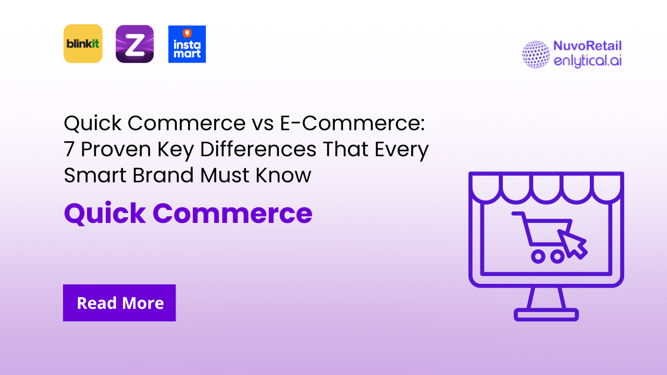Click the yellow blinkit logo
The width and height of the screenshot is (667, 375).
[x=83, y=44]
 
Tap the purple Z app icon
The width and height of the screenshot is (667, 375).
[x=134, y=44]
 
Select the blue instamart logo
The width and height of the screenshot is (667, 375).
[x=187, y=44]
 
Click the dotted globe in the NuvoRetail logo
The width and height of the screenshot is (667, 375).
[x=536, y=55]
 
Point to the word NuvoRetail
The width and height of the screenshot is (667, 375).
[x=587, y=46]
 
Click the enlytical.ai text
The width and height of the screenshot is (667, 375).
[x=587, y=60]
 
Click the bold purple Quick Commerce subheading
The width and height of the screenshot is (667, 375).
[x=188, y=213]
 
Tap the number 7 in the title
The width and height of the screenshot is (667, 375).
[x=69, y=149]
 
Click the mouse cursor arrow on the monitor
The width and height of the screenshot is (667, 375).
[x=572, y=243]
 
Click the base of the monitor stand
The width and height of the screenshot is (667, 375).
[x=546, y=315]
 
